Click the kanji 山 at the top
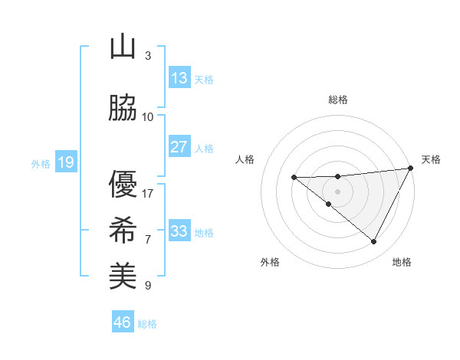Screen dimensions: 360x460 pos(123,47)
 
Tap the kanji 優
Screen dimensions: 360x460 pos(123,184)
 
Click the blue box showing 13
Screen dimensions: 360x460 pos(179,77)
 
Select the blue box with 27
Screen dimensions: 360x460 pos(179,147)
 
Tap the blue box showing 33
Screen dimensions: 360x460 pos(179,231)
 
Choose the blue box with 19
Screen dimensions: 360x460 pos(65,162)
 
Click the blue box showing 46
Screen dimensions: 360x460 pos(123,322)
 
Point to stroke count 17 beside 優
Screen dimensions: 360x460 pos(148,193)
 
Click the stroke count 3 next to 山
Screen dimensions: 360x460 pos(148,56)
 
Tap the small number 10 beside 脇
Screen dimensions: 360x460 pos(148,116)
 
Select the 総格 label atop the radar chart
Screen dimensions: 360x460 pos(338,100)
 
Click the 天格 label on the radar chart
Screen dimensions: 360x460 pos(431,159)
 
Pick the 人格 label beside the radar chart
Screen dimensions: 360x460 pos(245,159)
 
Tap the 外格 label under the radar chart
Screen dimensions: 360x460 pos(270,262)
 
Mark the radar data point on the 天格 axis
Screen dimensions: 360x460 pos(412,168)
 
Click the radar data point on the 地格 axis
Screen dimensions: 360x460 pos(374,242)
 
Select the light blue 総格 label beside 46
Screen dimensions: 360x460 pos(147,324)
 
